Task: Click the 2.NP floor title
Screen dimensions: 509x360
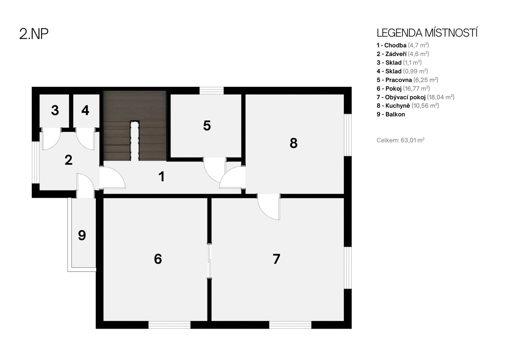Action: (34, 34)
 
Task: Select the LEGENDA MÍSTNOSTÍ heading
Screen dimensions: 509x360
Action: (427, 33)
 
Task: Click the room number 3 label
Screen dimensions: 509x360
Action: (55, 110)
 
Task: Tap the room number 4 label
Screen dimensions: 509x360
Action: (85, 110)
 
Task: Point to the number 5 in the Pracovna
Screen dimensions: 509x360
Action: (207, 126)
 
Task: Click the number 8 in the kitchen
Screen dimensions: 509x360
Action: (294, 143)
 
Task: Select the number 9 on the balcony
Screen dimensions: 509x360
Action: (82, 235)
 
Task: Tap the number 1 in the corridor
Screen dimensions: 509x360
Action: (162, 177)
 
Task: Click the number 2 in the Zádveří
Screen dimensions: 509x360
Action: (68, 160)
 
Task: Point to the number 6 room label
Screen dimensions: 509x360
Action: (158, 259)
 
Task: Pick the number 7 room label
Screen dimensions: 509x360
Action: (276, 259)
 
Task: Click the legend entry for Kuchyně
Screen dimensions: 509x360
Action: (408, 106)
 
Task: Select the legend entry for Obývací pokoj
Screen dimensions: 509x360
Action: (415, 97)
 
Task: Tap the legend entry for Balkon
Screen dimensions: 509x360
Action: (391, 114)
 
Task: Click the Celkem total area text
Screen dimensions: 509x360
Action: (400, 140)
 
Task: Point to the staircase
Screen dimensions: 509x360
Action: (135, 126)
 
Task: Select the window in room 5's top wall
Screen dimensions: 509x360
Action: (211, 91)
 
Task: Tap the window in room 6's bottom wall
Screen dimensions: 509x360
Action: (169, 325)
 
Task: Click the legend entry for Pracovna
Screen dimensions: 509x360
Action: (407, 80)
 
